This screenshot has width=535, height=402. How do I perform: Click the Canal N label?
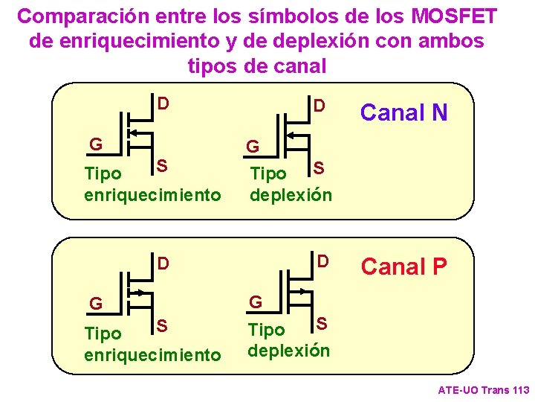[403, 112]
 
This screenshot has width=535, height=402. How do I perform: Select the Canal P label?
[403, 266]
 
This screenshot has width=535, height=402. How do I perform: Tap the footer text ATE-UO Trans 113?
[484, 389]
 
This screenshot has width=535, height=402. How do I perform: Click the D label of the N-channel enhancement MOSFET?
[163, 101]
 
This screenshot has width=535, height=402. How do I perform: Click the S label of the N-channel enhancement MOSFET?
[160, 165]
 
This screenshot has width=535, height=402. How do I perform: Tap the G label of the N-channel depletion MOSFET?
[253, 146]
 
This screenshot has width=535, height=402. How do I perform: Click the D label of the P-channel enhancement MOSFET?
[163, 263]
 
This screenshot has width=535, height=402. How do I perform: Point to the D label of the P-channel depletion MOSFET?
[322, 261]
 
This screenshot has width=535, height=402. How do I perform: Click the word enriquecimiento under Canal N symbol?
[153, 195]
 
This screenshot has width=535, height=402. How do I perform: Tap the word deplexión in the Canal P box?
[289, 350]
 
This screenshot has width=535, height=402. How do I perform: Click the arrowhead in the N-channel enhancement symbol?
[133, 133]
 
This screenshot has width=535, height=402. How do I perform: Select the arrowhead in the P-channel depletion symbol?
[302, 291]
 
